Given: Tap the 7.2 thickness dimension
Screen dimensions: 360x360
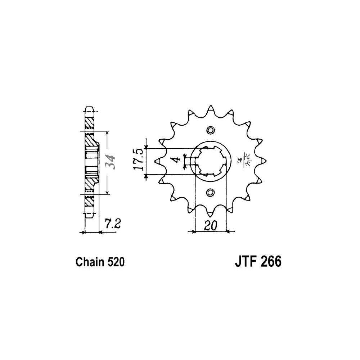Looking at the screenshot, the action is click(113, 224).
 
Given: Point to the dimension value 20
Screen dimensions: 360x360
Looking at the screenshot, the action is click(210, 226).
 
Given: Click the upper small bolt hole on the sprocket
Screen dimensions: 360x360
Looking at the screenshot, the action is click(210, 130).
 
